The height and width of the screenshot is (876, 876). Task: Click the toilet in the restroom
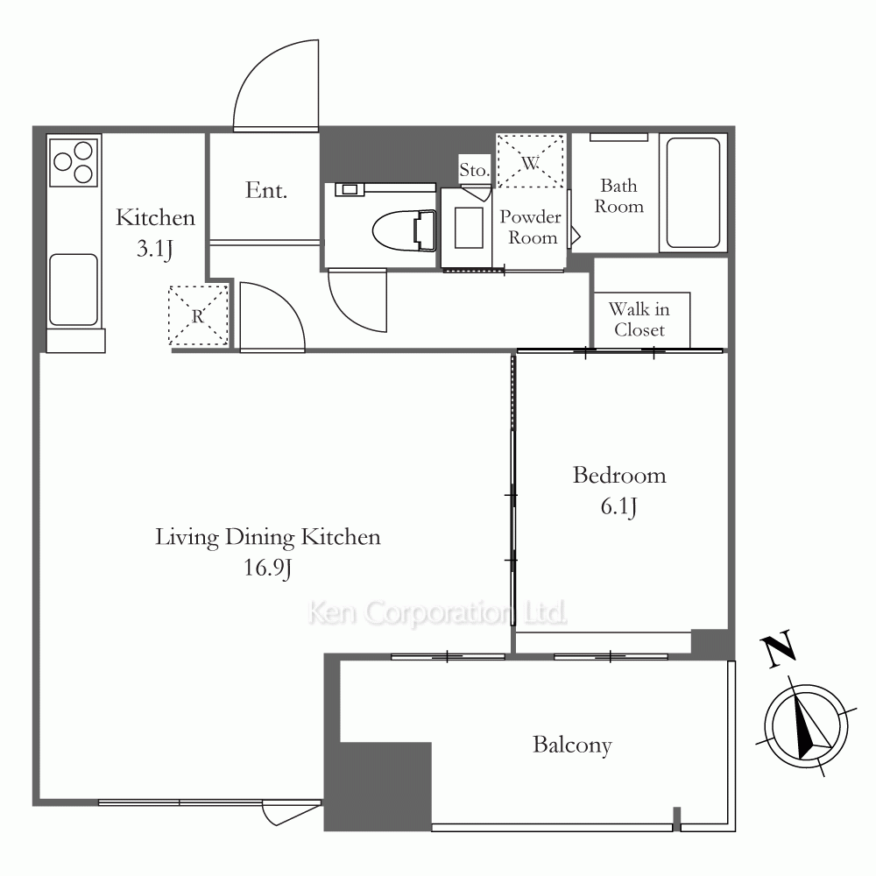click(404, 230)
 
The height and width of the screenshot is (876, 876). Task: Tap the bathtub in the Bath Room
click(693, 192)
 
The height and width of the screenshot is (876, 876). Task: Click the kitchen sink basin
click(74, 289)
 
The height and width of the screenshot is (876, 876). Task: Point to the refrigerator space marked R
click(198, 315)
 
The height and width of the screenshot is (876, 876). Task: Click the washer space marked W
click(530, 161)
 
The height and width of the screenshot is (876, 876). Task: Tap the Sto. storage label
click(474, 169)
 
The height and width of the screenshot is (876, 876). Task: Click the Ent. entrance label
click(266, 190)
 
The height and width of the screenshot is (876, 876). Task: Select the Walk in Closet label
click(639, 319)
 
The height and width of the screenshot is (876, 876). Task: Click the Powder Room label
click(530, 227)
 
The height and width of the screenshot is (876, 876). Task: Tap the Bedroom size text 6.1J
click(618, 506)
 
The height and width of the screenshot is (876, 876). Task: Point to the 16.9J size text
click(267, 569)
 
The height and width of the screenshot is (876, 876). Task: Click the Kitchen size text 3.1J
click(155, 249)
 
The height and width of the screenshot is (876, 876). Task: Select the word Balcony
click(572, 745)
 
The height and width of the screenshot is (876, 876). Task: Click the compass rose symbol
click(806, 726)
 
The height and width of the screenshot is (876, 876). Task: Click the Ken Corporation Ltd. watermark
click(437, 612)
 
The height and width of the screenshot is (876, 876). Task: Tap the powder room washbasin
click(469, 228)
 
